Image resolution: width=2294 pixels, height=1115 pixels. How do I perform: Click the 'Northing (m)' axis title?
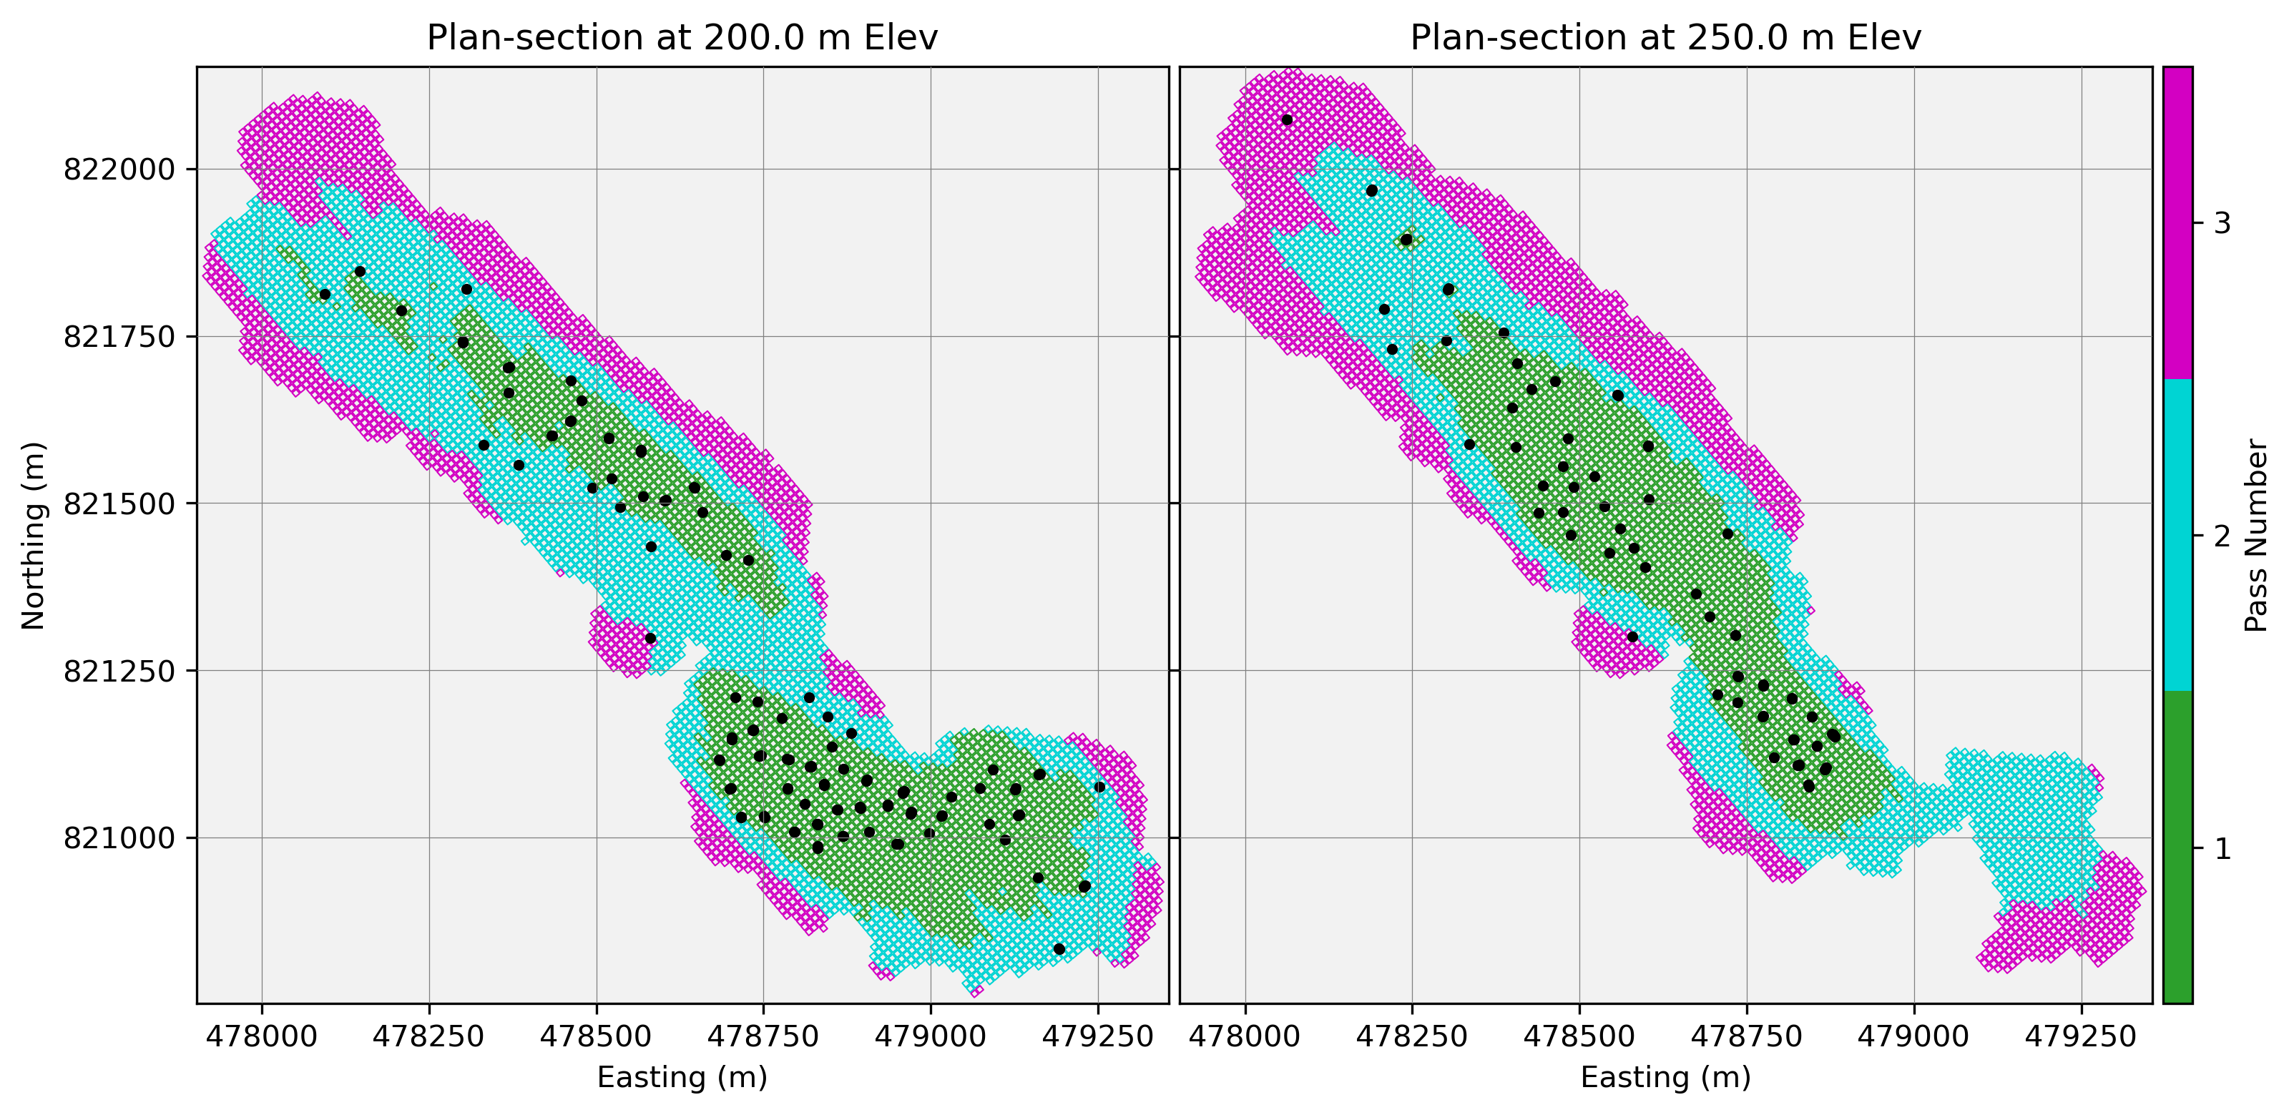[33, 535]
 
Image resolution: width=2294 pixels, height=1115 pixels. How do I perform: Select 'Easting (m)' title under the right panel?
[1665, 1078]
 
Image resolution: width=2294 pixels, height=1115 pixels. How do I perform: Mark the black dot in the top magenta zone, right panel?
[1287, 119]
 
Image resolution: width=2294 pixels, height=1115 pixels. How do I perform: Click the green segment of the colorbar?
[2178, 846]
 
